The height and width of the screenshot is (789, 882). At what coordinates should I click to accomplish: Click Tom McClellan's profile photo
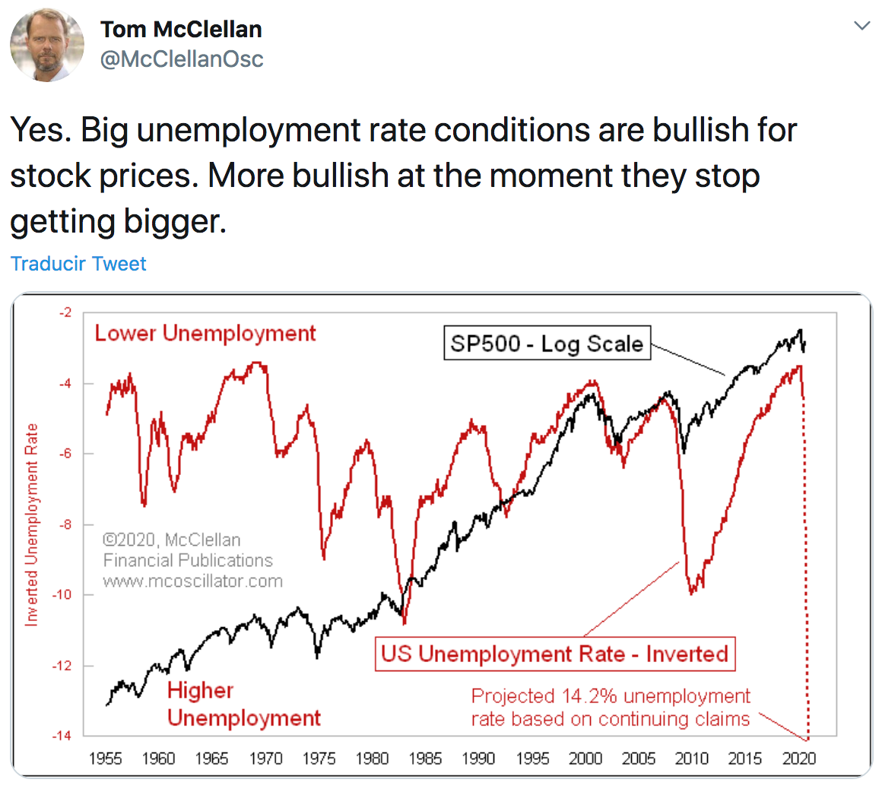point(47,45)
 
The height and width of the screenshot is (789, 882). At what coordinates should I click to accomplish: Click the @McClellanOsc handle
point(182,59)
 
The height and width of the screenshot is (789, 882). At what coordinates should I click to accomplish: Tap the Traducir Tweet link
point(78,264)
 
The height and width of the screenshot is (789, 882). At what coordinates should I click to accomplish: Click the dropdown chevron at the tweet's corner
point(861,27)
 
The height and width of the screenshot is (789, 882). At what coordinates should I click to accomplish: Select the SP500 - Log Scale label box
point(547,344)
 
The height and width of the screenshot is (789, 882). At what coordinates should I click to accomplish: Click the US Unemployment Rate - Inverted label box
point(554,654)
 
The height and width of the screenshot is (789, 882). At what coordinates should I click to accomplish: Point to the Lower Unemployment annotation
point(205,333)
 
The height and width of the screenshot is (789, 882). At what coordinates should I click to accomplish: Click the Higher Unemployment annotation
point(243,704)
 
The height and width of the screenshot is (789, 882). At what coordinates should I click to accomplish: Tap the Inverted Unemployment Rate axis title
point(31,524)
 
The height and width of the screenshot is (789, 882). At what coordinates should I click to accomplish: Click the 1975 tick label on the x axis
point(319,758)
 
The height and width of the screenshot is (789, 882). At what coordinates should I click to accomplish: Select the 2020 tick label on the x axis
point(799,758)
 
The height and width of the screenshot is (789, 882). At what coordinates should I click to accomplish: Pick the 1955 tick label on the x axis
point(105,758)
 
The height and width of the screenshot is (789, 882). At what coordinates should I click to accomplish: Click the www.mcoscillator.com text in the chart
point(192,581)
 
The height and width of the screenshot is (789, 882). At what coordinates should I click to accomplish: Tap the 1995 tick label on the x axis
point(532,758)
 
